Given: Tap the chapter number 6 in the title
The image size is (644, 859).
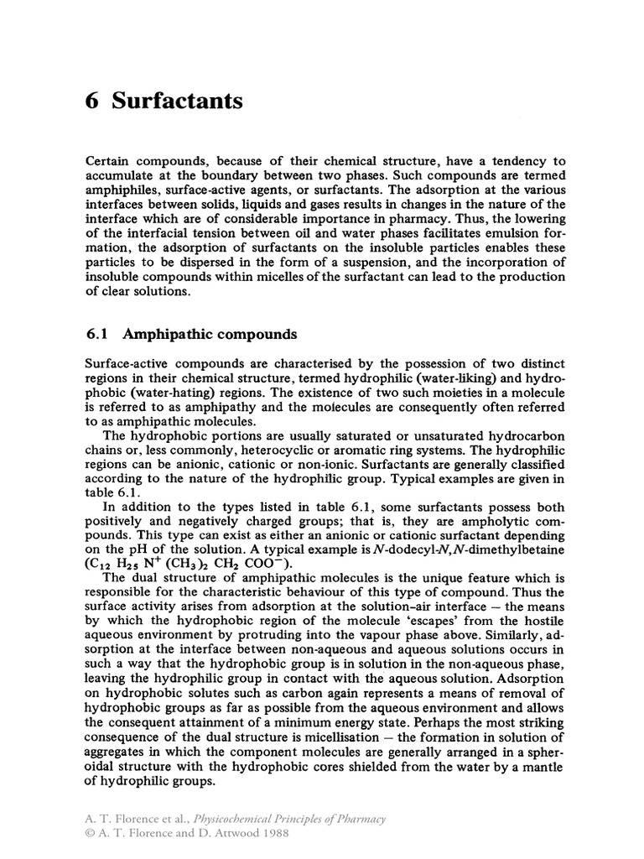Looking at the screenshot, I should coord(93,102).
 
